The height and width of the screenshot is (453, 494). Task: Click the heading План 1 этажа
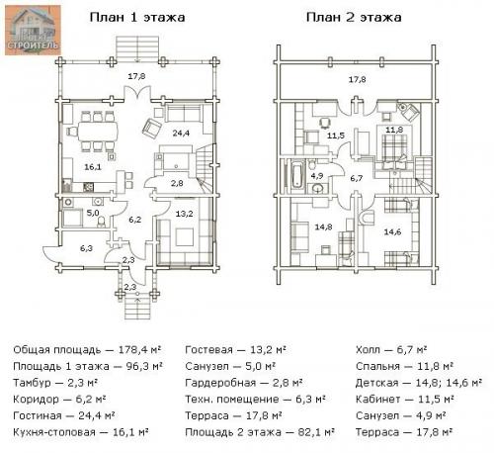137,17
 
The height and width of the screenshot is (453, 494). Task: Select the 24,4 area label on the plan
180,132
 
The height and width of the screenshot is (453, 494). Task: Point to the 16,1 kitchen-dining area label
93,167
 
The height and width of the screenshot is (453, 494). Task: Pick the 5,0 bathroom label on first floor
93,212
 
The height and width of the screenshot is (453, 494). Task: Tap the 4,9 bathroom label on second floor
317,175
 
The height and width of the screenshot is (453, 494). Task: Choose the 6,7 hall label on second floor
357,178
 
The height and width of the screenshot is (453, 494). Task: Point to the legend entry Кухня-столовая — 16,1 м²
81,431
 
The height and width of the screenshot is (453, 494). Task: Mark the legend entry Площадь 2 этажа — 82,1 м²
260,431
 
